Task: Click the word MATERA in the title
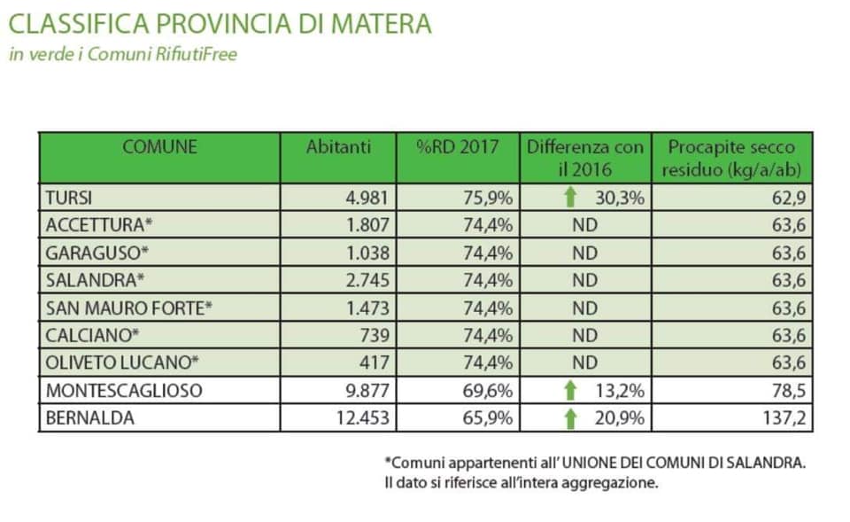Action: coord(381,24)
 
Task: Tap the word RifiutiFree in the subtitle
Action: coord(197,54)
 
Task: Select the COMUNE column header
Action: coord(159,147)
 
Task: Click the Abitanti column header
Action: coord(338,147)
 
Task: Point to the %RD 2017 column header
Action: coord(458,147)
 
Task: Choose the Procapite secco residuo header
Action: coord(731,159)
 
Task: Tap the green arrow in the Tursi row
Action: coord(569,197)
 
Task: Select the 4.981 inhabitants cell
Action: coord(367,198)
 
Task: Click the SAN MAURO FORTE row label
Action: coord(128,308)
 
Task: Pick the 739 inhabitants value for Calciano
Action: coord(375,335)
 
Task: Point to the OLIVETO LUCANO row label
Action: coord(122,362)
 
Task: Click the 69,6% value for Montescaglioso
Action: coord(487,391)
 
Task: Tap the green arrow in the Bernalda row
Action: coord(569,418)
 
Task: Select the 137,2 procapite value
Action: coord(784,418)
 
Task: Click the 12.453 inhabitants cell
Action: coord(363,418)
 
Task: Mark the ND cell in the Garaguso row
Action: coord(585,253)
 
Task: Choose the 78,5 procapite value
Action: coord(789,391)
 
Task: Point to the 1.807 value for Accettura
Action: coord(367,225)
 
